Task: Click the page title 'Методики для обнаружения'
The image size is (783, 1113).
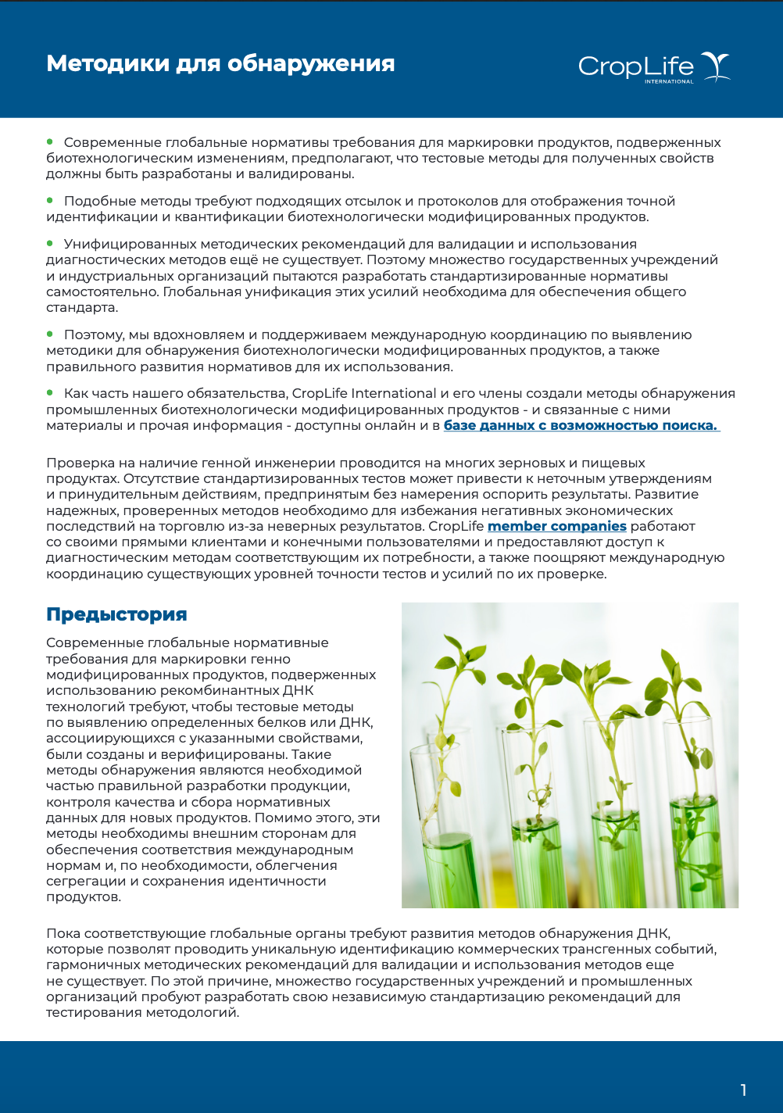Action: point(220,63)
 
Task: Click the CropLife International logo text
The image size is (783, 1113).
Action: point(635,67)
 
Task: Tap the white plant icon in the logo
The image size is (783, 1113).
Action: point(715,66)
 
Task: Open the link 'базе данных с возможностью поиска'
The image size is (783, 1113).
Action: point(581,425)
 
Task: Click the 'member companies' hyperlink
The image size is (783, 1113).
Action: point(556,526)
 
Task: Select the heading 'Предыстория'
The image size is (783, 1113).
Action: point(116,614)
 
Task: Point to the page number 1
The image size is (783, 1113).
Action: point(743,1090)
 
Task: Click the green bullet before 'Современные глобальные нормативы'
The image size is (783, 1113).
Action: point(50,141)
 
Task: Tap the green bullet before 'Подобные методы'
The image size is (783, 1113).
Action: point(50,200)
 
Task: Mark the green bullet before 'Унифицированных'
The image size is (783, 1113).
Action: point(50,243)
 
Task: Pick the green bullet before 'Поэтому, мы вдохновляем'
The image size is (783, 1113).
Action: point(50,334)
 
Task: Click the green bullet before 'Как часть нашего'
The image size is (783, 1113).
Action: point(50,392)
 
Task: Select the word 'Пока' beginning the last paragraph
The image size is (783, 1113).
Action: point(63,933)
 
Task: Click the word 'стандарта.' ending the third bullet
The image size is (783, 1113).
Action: point(82,307)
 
